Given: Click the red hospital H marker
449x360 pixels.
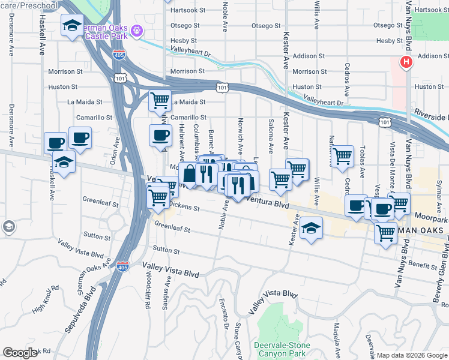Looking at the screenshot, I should click(x=406, y=62).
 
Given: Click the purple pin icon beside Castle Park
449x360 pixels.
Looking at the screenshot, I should click(x=137, y=29).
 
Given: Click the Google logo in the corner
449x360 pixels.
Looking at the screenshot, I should click(x=20, y=353).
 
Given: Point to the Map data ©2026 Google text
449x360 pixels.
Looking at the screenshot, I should click(x=412, y=355).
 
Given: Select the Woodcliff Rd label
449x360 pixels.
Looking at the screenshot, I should click(x=148, y=292).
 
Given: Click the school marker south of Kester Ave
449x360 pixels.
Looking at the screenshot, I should click(x=311, y=228).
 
